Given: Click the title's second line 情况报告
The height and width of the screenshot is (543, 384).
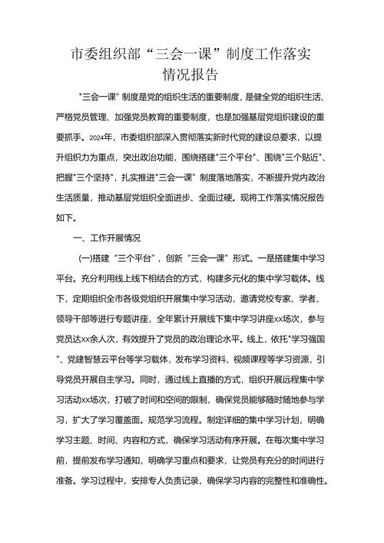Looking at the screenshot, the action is [191, 75].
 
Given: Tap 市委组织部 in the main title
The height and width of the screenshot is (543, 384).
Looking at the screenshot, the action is [103, 54].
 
